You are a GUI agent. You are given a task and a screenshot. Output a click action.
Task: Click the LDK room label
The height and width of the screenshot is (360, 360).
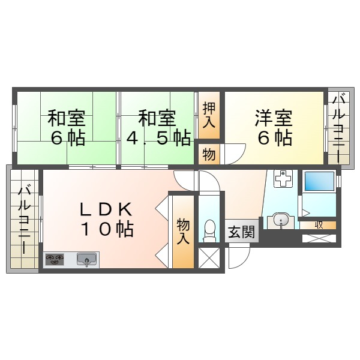tap(106, 209)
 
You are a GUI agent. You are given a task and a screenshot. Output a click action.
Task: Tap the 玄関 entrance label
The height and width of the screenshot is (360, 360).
tap(242, 233)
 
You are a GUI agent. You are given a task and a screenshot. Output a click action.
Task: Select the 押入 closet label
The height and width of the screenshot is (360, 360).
tap(209, 115)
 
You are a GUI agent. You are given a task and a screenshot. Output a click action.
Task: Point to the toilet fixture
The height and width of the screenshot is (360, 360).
tap(209, 230)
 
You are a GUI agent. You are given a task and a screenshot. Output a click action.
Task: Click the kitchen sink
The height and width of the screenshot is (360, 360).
tap(88, 260)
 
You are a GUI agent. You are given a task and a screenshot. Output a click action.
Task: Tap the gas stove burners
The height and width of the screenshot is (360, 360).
tap(55, 259)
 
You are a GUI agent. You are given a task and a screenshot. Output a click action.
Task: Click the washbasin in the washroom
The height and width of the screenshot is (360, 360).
tap(280, 220)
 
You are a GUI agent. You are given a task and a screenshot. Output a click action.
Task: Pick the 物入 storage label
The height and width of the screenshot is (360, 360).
tap(184, 230)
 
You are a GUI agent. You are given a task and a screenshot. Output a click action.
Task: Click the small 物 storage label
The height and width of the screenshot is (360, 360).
tap(209, 154)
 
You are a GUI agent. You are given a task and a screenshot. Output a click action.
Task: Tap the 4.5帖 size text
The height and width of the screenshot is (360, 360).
tap(158, 138)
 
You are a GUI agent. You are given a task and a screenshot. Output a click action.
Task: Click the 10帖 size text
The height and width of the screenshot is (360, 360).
tap(107, 229)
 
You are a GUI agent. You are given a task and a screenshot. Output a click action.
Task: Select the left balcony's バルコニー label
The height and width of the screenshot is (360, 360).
tap(25, 220)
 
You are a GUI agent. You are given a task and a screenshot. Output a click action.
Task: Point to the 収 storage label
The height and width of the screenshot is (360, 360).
tap(319, 224)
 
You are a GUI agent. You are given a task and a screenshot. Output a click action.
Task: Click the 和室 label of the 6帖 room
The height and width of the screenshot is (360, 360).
tap(66, 116)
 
